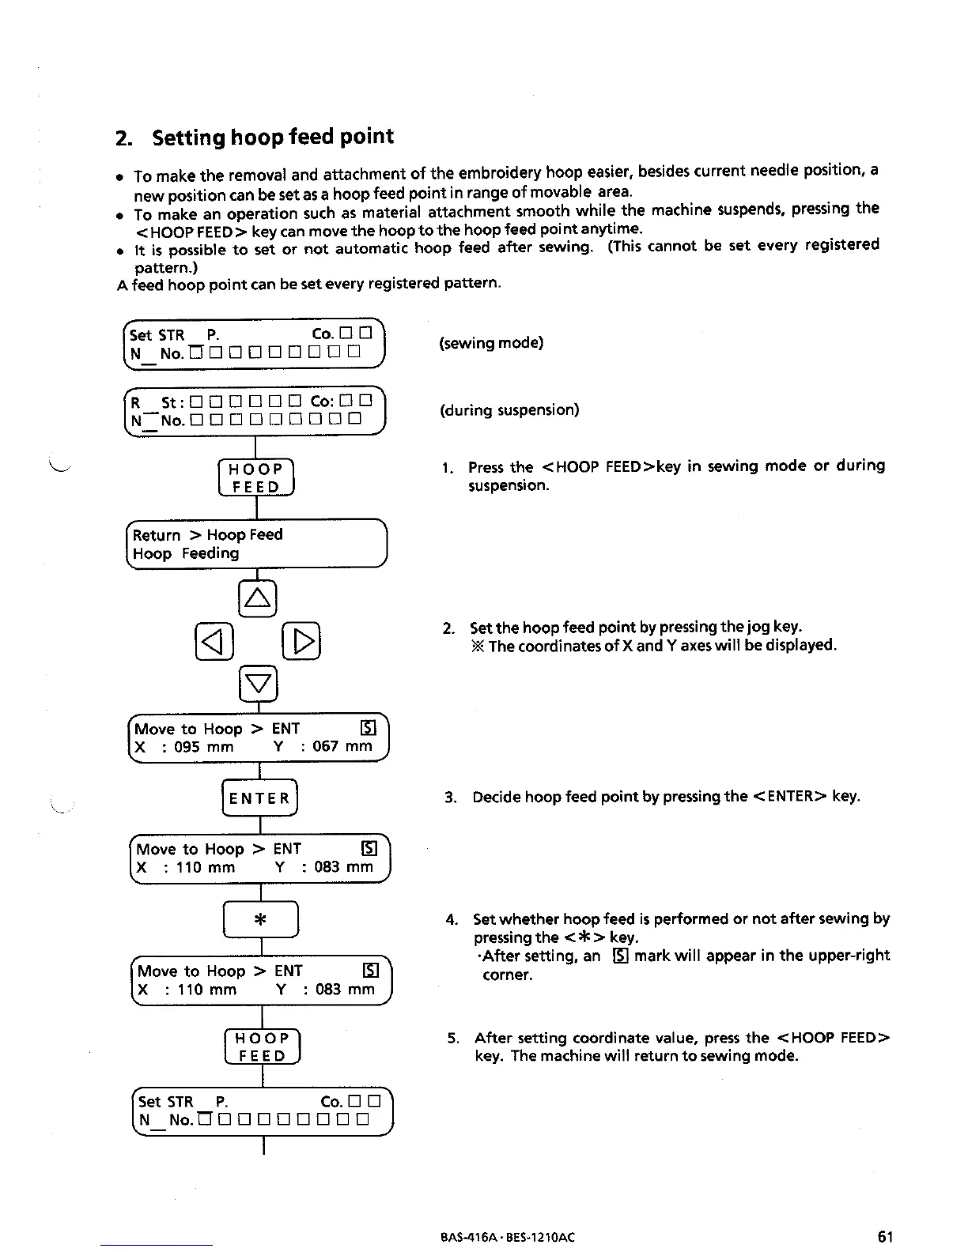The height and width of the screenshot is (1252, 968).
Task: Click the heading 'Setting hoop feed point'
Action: tap(272, 137)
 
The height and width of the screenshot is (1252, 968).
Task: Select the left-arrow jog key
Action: tap(214, 641)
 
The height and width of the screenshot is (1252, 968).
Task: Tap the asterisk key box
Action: tap(260, 920)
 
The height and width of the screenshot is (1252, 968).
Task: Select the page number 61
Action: tap(885, 1236)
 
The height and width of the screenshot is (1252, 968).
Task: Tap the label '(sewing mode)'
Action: tap(491, 343)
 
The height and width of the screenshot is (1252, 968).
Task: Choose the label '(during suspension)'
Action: tap(510, 410)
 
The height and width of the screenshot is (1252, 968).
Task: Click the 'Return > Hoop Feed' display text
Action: tap(207, 535)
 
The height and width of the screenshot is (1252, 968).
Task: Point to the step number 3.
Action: tap(451, 797)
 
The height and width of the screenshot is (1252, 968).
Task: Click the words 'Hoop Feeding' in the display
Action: tap(186, 554)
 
